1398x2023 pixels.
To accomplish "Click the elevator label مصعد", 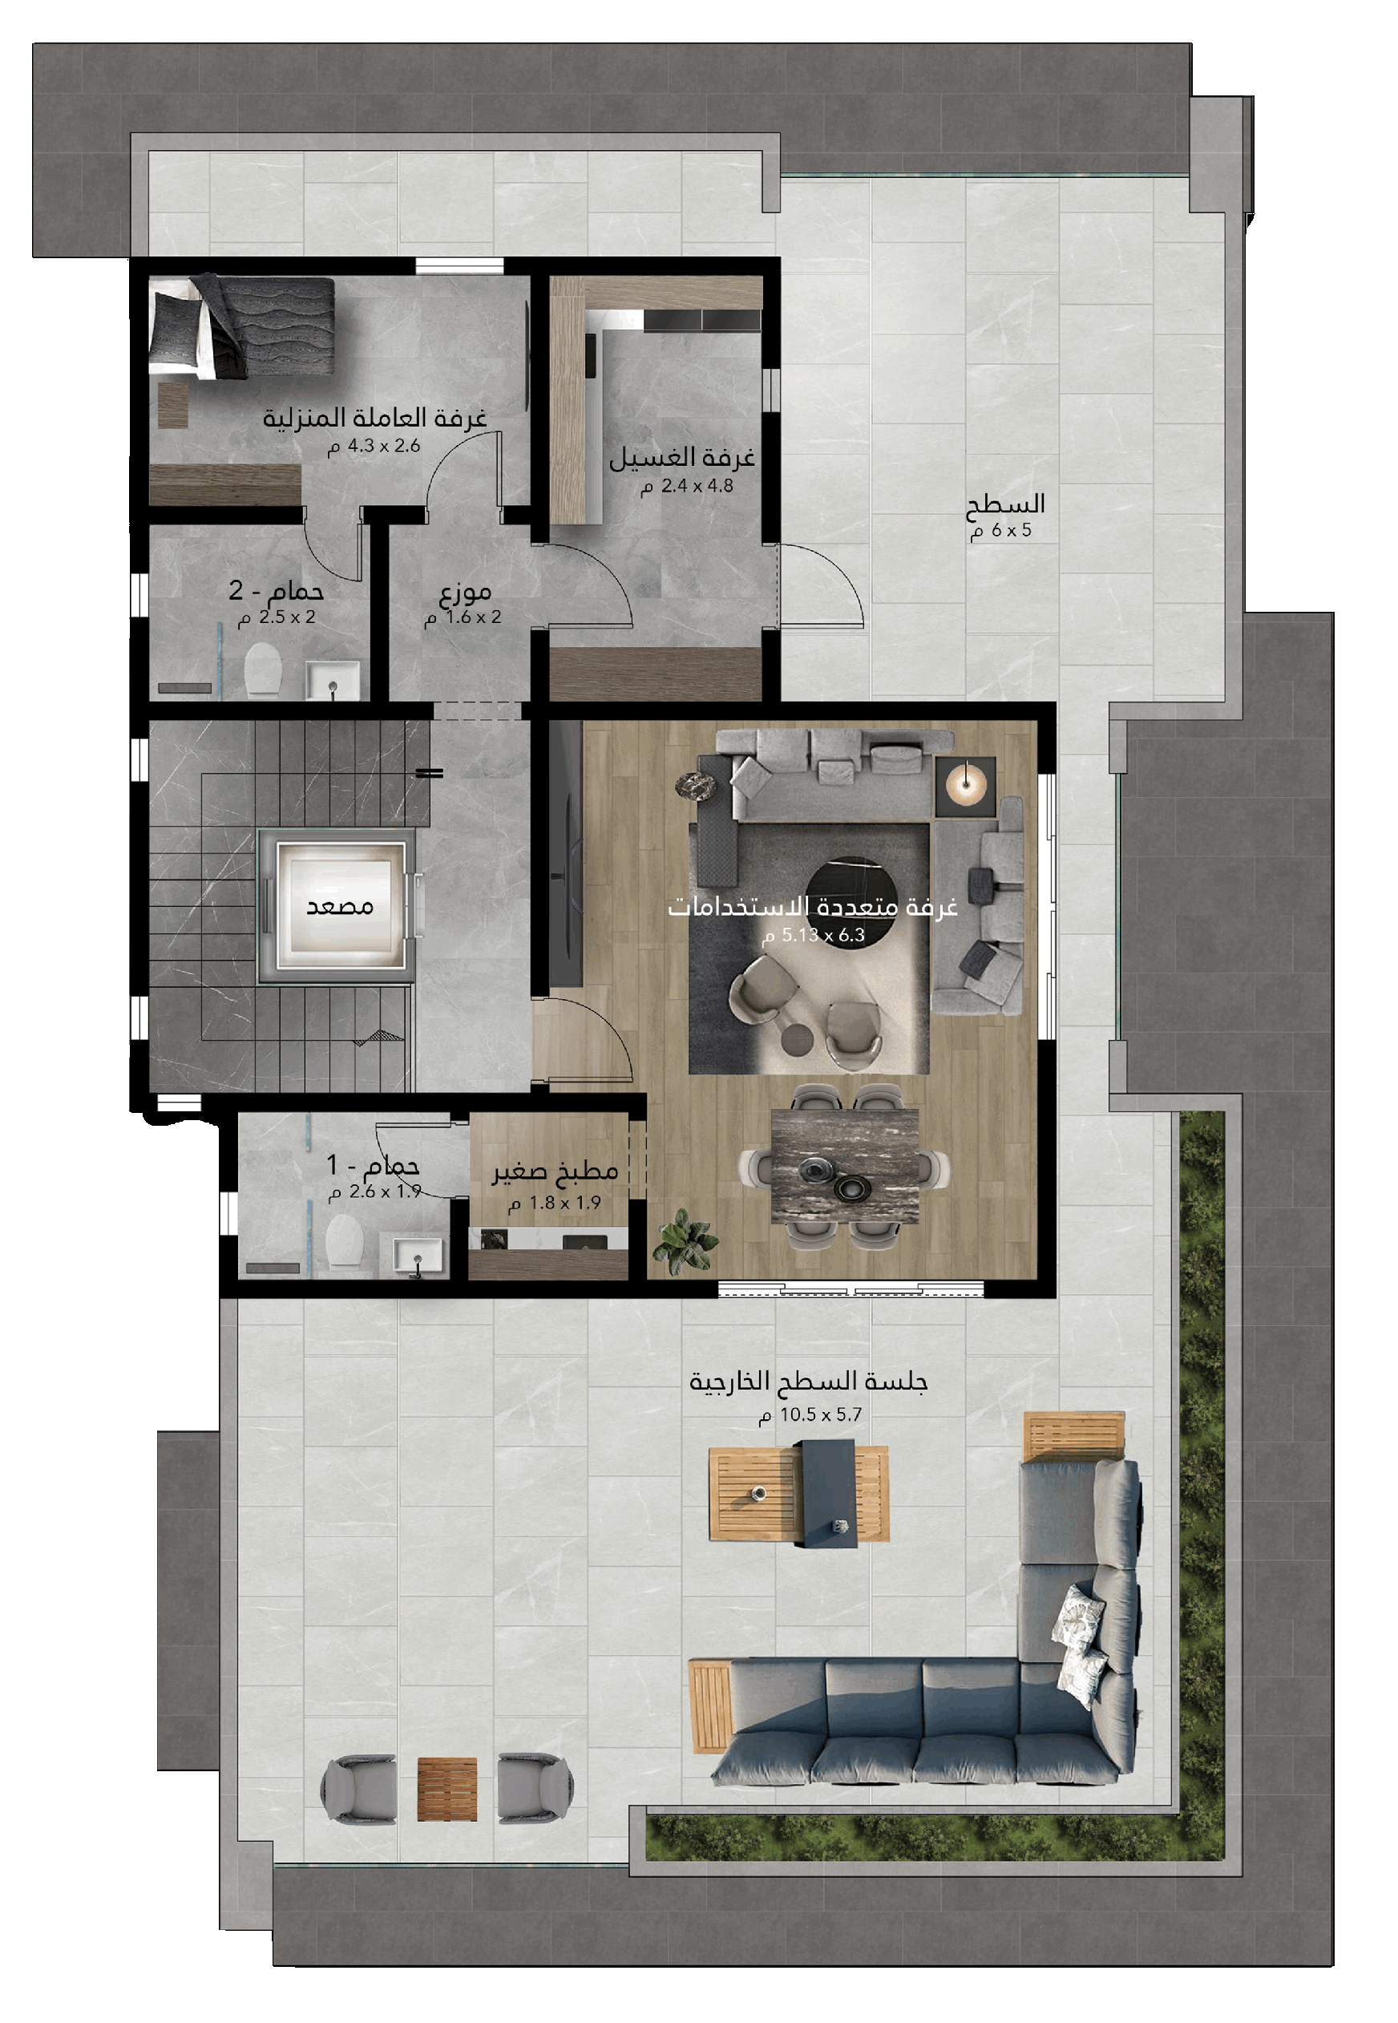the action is pyautogui.click(x=340, y=906).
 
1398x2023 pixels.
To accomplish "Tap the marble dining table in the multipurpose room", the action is pyautogui.click(x=844, y=1165).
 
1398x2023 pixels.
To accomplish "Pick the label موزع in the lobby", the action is pyautogui.click(x=465, y=593).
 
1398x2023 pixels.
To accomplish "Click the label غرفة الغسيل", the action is pyautogui.click(x=681, y=457).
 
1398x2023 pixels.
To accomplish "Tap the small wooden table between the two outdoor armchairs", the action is pyautogui.click(x=446, y=1789).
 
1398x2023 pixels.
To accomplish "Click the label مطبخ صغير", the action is pyautogui.click(x=555, y=1171).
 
